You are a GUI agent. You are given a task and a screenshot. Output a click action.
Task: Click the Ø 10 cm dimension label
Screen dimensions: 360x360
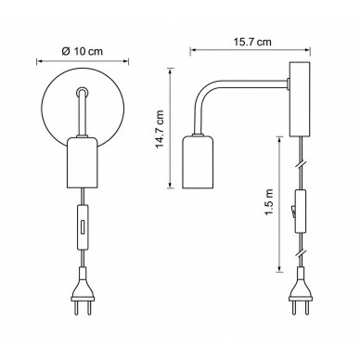[x=82, y=51]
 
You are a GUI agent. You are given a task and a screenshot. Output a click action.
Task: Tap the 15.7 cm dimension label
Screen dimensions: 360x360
[x=252, y=42]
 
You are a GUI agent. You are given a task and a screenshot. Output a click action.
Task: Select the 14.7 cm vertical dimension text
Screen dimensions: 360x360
[x=160, y=129]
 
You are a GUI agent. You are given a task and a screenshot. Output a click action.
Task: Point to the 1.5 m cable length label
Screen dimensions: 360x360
[x=269, y=201]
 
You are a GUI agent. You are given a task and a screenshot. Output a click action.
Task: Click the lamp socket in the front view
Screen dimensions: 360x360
[x=83, y=162]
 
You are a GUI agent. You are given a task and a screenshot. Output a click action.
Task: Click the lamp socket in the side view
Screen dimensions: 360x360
[x=198, y=162]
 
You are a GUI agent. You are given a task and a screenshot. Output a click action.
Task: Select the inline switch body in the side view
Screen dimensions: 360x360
[x=300, y=212]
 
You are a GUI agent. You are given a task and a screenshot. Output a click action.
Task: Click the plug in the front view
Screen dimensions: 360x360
[x=83, y=290]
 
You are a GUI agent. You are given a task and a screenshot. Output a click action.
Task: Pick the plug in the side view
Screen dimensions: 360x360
[x=301, y=290]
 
